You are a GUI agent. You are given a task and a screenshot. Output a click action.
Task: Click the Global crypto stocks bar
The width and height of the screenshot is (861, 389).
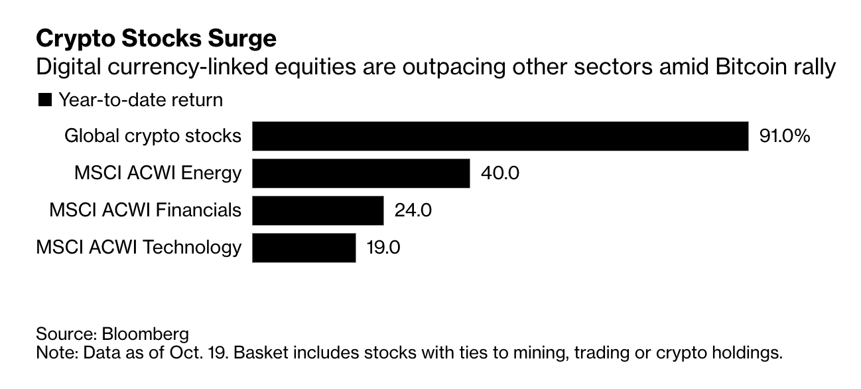(x=500, y=136)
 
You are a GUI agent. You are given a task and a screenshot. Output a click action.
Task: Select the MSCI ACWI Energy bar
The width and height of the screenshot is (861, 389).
(x=361, y=173)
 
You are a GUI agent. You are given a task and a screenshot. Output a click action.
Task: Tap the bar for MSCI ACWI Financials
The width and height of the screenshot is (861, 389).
(x=318, y=210)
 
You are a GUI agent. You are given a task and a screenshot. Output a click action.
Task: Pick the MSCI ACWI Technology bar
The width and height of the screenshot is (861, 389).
(x=304, y=248)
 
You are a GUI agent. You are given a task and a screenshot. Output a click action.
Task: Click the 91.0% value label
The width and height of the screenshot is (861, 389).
(x=784, y=136)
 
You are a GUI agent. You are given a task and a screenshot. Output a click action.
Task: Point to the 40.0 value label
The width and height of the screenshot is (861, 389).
(x=500, y=173)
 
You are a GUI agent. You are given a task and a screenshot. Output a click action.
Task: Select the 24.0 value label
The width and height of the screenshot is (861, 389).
(x=413, y=210)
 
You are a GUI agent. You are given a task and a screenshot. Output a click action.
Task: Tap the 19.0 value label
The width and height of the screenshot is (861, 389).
(x=383, y=248)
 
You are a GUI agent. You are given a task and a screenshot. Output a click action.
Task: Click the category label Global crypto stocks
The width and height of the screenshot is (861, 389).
(x=153, y=136)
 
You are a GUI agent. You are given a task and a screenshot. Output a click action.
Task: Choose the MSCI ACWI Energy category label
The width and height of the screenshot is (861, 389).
(x=158, y=173)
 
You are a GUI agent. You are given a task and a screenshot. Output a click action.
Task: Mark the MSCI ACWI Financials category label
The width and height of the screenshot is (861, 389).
(x=145, y=210)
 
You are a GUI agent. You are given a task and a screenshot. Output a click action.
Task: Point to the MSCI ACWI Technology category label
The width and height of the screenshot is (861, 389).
(x=139, y=248)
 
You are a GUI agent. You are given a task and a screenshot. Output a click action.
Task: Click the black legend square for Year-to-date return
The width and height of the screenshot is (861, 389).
(x=45, y=100)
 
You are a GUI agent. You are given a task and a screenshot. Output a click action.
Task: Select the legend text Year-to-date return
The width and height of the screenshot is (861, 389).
(x=141, y=100)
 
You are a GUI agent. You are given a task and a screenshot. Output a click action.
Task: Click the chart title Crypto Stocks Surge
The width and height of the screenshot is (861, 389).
(x=156, y=39)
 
